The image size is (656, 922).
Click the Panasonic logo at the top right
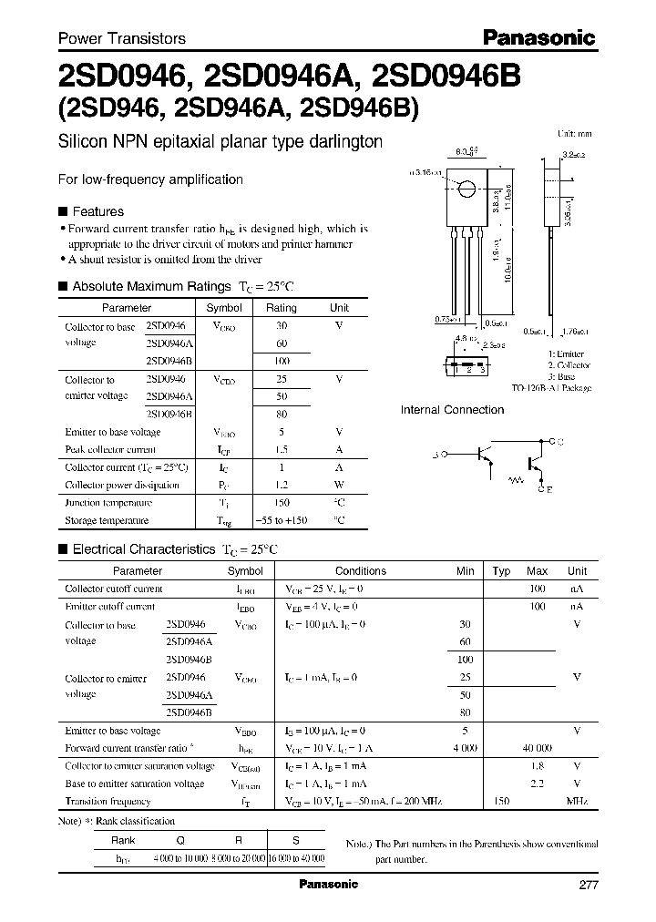[538, 37]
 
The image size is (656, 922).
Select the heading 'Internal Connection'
[452, 410]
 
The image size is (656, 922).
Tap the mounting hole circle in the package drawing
[466, 190]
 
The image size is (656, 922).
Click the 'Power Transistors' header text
[122, 38]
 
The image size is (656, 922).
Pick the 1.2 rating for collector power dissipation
[282, 485]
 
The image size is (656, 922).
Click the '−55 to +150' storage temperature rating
[282, 520]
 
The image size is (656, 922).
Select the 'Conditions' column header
[361, 571]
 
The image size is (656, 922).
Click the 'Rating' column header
[282, 308]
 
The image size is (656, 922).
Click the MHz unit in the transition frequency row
[577, 801]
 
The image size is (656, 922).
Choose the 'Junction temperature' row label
[108, 503]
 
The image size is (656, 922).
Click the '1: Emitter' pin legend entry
[566, 353]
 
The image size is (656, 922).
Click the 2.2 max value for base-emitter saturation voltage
[537, 784]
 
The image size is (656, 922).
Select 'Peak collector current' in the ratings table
[110, 449]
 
